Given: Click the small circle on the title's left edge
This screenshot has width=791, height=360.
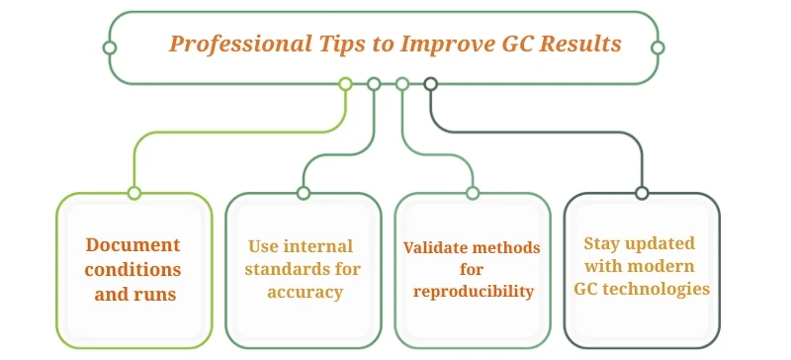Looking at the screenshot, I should click(110, 47).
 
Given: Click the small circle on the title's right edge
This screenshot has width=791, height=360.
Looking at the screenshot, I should click(658, 47).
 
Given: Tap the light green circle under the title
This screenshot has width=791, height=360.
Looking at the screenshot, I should click(345, 84).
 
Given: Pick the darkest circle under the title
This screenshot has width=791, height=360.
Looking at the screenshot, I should click(430, 84).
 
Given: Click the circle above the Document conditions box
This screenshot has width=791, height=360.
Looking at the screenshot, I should click(134, 193).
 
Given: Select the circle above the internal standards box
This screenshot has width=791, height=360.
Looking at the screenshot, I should click(304, 193).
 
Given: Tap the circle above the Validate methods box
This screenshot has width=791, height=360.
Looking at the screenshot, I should click(473, 193).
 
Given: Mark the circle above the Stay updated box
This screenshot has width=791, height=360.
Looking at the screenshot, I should click(642, 193).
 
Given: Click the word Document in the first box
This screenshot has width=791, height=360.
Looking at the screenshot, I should click(133, 245).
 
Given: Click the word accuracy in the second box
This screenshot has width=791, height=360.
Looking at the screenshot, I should click(305, 292).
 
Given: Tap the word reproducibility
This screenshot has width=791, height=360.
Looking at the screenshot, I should click(473, 291).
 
